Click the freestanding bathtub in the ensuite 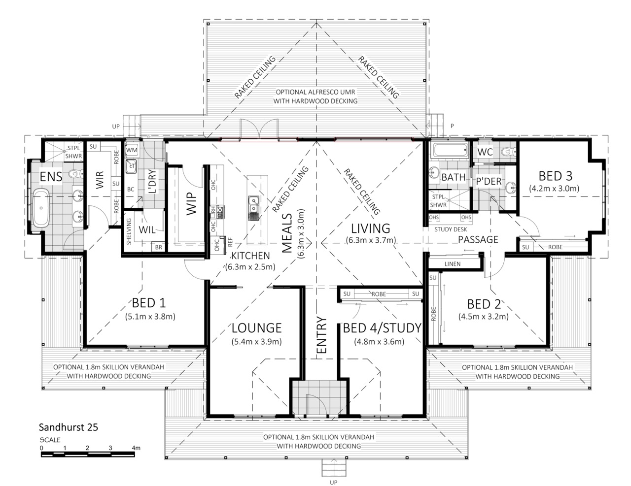[41, 208]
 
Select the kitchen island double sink [254, 208]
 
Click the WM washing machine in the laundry [132, 150]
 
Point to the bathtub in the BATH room [449, 150]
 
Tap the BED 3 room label [555, 176]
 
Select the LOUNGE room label [256, 328]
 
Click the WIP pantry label [191, 204]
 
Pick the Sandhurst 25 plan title [69, 427]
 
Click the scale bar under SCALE [88, 454]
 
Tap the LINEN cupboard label [453, 264]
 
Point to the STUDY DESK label [451, 229]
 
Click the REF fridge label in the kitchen [230, 242]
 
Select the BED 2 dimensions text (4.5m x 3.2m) [484, 316]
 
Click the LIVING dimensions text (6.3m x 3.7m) [371, 240]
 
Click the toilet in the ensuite [76, 173]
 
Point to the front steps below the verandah [334, 468]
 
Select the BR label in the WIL [159, 247]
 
